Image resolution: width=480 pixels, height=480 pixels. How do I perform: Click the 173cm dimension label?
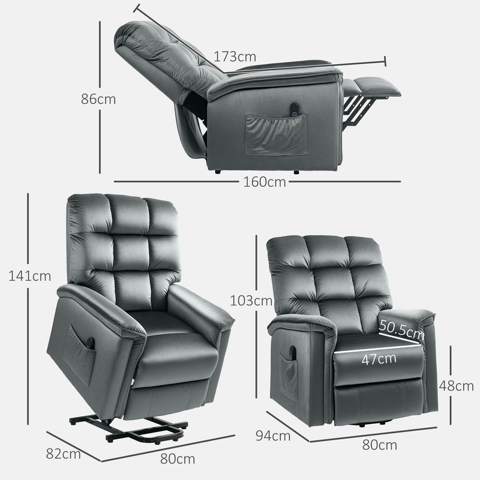pyautogui.click(x=235, y=57)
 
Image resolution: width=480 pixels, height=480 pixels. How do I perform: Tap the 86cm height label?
pyautogui.click(x=98, y=100)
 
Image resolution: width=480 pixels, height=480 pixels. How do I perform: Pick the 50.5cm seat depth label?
pyautogui.click(x=401, y=331)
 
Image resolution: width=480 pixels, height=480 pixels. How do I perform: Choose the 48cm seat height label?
pyautogui.click(x=456, y=386)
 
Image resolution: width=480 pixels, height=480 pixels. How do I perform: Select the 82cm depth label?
pyautogui.click(x=63, y=454)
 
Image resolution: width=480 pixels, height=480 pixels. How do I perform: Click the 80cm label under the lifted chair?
pyautogui.click(x=178, y=460)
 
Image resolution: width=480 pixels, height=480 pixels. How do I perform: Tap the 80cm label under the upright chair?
pyautogui.click(x=380, y=445)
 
